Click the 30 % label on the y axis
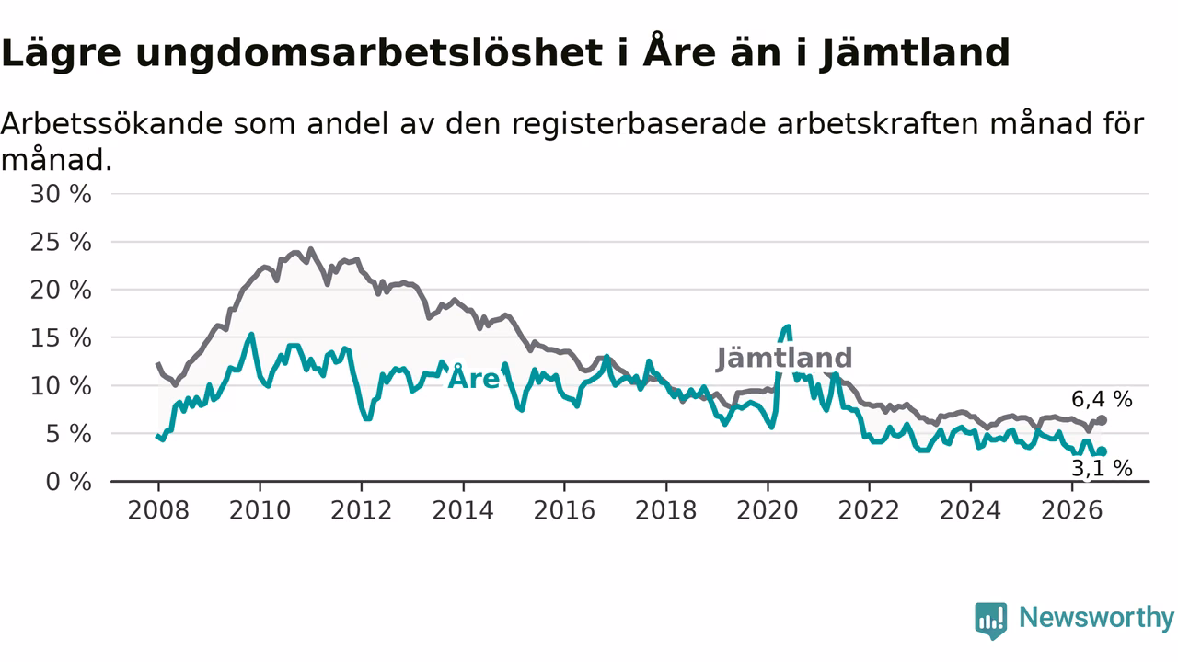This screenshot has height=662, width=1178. coord(61,194)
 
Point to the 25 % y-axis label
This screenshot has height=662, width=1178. coord(61,243)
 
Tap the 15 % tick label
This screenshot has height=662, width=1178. coord(61,338)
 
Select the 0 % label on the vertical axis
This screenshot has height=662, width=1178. coord(68,482)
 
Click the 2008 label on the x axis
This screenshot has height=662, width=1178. coord(158,510)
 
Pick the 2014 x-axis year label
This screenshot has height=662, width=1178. coord(463,510)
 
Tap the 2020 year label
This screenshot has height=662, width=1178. coord(768,510)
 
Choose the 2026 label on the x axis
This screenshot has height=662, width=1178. coord(1072,510)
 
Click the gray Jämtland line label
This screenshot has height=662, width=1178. coord(784,359)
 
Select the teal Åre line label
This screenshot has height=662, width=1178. coord(473,377)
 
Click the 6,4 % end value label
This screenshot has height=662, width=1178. coord(1102,400)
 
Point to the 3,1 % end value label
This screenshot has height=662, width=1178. coord(1102,468)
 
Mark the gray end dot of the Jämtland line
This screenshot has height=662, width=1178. coord(1102,420)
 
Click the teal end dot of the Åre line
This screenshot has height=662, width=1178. coord(1102,451)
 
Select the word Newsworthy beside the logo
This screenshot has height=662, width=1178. coord(1097,617)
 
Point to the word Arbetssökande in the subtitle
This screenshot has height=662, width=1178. coord(111,124)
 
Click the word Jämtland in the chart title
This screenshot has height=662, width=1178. coord(916,52)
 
